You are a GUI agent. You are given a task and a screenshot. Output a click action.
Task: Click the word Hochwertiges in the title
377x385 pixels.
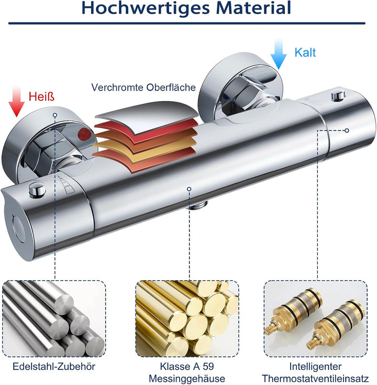pos(146,8)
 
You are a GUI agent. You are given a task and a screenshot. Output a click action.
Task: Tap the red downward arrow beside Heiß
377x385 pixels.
pos(16,101)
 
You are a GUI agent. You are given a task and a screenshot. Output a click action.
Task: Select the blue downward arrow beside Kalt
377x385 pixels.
pos(279,54)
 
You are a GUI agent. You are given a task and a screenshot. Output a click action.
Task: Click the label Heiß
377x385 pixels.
pos(41,96)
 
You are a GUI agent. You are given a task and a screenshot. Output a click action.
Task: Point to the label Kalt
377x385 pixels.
pos(305,52)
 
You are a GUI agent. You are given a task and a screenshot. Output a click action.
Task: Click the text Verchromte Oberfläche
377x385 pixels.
pos(143,87)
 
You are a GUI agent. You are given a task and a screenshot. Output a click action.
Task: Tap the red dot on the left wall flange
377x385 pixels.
pos(84,134)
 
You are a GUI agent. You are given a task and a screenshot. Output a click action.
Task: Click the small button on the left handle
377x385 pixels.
pos(37,189)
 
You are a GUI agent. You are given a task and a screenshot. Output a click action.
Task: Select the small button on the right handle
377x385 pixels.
pos(338,95)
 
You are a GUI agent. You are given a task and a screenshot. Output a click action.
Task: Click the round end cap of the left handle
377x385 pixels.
pos(19,228)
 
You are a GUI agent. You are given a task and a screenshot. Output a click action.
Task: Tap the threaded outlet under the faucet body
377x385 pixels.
pos(198,205)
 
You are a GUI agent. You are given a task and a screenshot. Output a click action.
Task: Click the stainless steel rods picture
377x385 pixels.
pos(54,318)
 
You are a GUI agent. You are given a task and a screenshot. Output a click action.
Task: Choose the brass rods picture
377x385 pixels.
pos(187,318)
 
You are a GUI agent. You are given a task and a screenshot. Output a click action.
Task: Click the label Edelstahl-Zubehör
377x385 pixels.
pos(54,367)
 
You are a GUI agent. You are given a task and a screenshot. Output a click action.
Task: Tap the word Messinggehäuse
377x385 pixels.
pos(187,379)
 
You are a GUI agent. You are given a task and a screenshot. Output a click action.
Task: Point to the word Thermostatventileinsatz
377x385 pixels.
pos(315,378)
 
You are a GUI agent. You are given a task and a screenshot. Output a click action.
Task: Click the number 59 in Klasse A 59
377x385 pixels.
pos(208,366)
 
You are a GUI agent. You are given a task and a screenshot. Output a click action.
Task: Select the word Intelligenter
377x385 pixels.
pos(315,367)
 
